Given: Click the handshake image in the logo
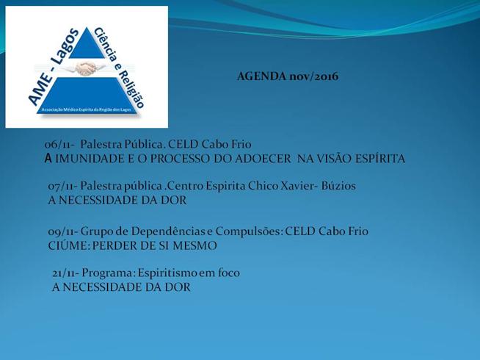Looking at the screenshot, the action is pos(86,68).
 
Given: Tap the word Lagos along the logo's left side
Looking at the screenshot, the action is pos(63,46).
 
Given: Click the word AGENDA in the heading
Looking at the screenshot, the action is pos(261,76).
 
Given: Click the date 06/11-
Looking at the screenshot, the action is pos(59,144).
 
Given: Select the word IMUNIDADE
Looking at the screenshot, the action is pos(90,159).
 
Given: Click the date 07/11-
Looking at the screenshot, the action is pos(63,186).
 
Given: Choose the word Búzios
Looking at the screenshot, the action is pos(338,186).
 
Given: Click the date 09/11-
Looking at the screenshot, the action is pos(63,231).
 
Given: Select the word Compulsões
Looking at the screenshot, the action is pos(250,232).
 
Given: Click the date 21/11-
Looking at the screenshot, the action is pos(66,273).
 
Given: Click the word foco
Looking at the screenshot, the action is pos(229,273).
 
